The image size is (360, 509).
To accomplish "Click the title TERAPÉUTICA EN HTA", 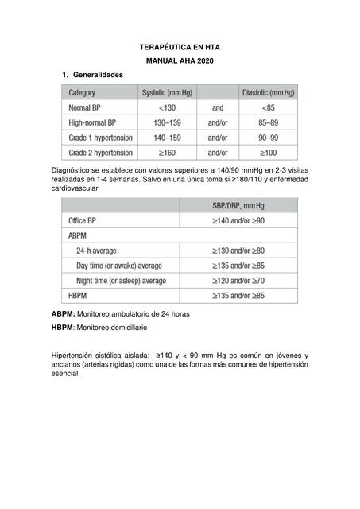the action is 180,48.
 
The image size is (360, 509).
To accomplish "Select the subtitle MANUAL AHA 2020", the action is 180,61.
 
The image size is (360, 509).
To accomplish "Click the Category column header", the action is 84,93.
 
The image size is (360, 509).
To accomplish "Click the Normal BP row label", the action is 89,107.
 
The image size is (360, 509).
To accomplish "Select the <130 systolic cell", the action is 167,107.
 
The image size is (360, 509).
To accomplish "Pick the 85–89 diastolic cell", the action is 269,122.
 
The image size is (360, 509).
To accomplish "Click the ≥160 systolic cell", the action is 167,152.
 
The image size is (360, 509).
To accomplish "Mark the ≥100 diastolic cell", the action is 269,152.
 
